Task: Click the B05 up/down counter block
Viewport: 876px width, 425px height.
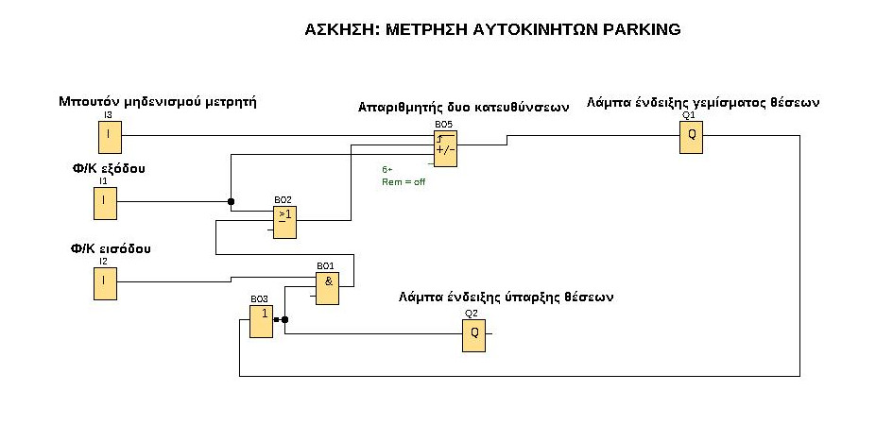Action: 445,147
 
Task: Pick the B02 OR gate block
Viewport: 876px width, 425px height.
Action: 284,221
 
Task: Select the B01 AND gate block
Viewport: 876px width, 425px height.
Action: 327,287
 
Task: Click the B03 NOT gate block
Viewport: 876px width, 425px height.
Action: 261,320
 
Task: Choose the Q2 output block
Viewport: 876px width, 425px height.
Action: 473,335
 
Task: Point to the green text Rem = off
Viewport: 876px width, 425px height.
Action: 404,181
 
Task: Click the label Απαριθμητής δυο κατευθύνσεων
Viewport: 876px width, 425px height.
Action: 463,108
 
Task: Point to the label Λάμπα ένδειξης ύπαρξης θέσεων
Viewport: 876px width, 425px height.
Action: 507,297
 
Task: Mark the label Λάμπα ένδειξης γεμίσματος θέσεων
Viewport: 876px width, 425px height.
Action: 702,102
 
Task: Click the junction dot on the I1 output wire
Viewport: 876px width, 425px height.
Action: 231,201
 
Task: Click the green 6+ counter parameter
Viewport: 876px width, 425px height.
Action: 387,170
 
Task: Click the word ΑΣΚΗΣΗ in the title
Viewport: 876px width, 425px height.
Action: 337,30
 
